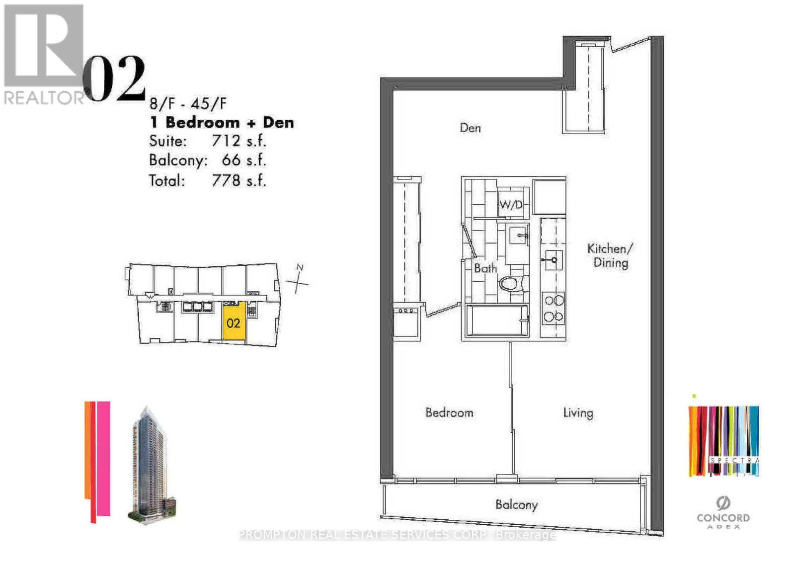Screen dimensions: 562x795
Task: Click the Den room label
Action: [x=470, y=128]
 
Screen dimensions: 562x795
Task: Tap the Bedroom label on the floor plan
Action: [x=449, y=412]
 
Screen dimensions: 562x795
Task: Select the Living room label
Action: [x=578, y=413]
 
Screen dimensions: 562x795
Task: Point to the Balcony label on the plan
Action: [x=516, y=505]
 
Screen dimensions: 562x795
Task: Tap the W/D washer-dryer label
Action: [x=511, y=204]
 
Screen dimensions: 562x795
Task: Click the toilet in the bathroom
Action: [x=510, y=284]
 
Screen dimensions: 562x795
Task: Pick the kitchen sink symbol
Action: [x=553, y=259]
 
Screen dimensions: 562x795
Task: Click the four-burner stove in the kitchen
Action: [x=553, y=308]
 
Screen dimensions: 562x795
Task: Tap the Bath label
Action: [x=485, y=268]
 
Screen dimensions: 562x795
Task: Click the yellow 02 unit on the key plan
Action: [x=234, y=322]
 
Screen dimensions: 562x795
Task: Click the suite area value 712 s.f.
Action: [x=238, y=141]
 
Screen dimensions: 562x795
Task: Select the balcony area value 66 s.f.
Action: [x=243, y=161]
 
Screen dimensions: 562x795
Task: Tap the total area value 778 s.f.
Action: [x=238, y=180]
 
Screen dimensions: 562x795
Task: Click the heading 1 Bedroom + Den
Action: [x=222, y=122]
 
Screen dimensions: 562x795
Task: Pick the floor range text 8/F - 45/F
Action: [x=188, y=104]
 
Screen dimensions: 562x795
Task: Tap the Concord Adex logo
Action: [x=723, y=512]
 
